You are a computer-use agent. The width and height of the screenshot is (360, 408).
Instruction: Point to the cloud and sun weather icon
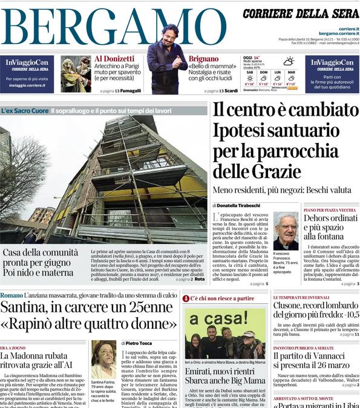pos(289,61)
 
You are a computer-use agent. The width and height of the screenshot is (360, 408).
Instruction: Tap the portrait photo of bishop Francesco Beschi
pos(285,231)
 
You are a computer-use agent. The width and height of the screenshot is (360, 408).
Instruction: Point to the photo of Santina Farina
pos(103,359)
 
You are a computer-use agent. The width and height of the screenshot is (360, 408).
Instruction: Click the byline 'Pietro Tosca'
pos(144,343)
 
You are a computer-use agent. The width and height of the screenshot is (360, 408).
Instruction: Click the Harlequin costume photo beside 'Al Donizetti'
pos(76,74)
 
